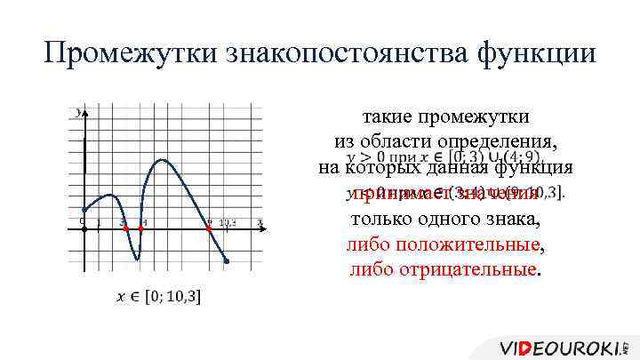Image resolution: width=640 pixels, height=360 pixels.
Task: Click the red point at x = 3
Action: (x=125, y=228)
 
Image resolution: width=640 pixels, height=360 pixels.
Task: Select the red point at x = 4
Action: (x=141, y=228)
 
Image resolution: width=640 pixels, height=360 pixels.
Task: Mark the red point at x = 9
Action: (x=209, y=228)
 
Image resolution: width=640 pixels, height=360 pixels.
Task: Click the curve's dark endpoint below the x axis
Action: (x=227, y=261)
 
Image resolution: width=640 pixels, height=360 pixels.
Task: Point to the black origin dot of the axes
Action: (x=84, y=228)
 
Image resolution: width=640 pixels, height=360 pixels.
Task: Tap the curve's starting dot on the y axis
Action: (x=84, y=210)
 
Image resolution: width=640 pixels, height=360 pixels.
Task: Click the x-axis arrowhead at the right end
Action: (x=260, y=228)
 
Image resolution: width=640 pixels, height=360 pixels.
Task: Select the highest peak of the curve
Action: (x=162, y=160)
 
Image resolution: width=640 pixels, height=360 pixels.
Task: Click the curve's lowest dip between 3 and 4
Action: (x=136, y=260)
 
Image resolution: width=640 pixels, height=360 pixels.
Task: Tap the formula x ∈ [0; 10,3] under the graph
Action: (x=158, y=295)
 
